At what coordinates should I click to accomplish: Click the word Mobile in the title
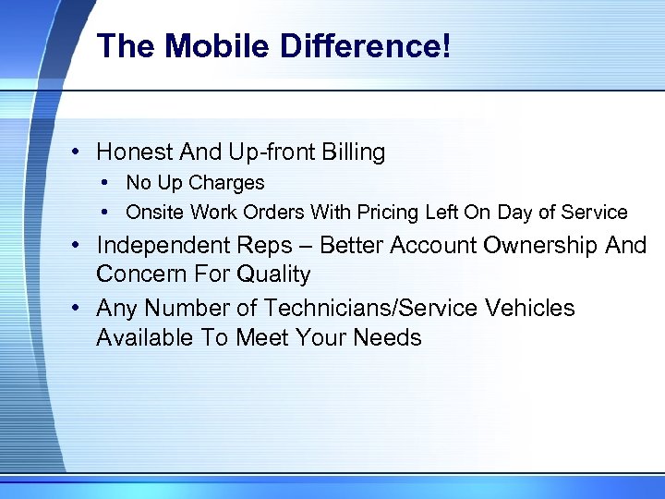coord(195,46)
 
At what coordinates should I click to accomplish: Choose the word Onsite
coord(155,213)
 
